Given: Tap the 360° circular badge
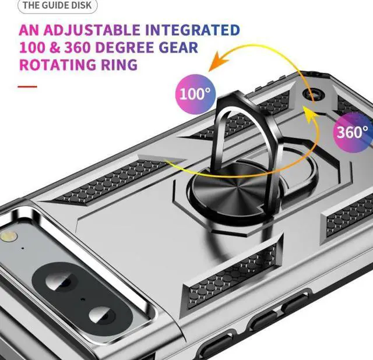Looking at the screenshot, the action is point(352,131).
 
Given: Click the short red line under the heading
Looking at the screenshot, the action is point(27,87).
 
